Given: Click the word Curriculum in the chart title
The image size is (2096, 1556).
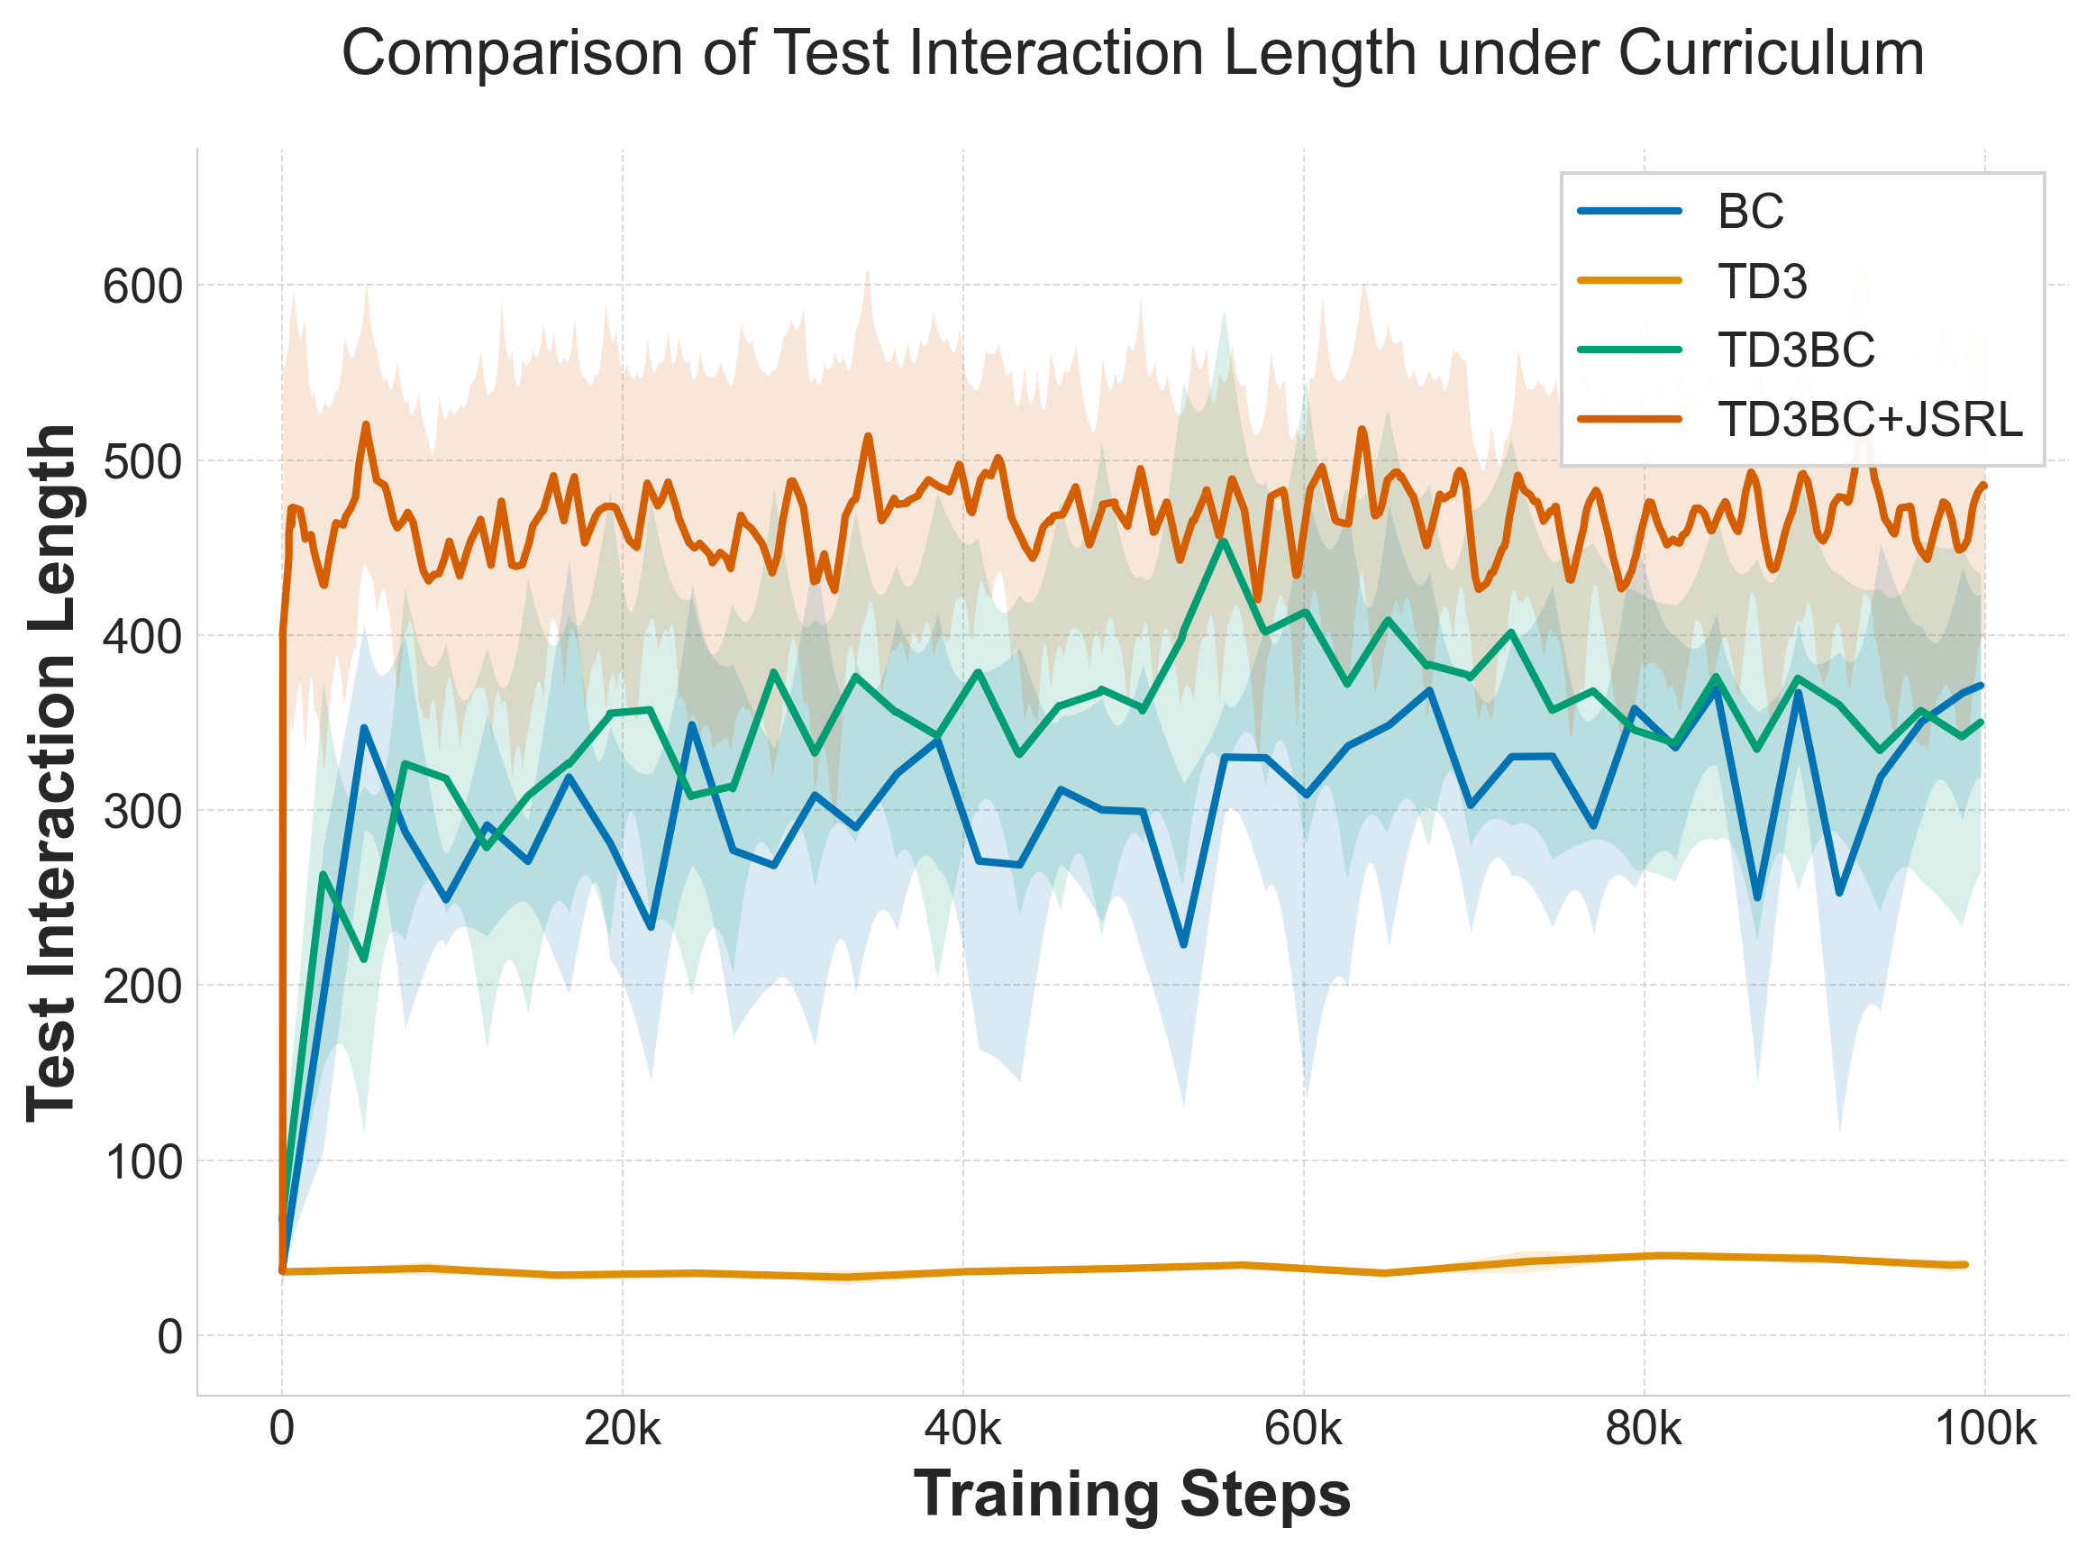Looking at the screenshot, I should [x=1770, y=54].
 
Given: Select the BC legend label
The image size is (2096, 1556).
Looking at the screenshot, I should [x=1750, y=211].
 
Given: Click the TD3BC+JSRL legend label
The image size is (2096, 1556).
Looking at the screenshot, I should [x=1871, y=419].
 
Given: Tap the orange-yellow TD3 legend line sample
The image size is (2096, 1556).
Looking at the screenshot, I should [x=1630, y=281].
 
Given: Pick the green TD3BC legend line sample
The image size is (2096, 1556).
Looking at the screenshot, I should [x=1630, y=350].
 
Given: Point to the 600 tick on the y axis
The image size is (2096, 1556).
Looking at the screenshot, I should [x=143, y=287].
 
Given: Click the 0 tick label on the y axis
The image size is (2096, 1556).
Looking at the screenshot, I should [x=169, y=1336].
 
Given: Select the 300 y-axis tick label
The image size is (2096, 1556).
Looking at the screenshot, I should [x=143, y=811].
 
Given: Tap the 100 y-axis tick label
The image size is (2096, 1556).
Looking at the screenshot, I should [x=143, y=1162].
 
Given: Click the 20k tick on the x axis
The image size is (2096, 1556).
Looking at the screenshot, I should [x=623, y=1429].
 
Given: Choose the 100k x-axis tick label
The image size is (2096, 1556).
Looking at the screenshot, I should [x=1985, y=1429].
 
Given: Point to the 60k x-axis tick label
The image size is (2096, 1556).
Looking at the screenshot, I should [x=1303, y=1429].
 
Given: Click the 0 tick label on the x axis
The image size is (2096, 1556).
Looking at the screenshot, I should [x=282, y=1429].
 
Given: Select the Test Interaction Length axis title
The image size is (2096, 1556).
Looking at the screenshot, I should [x=50, y=772].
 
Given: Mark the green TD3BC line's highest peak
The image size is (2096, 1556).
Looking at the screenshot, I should [x=1223, y=541].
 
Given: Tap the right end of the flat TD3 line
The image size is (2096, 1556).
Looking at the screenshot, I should [x=1965, y=1264].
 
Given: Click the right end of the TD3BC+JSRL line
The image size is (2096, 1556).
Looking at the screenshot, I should [x=1984, y=486].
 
